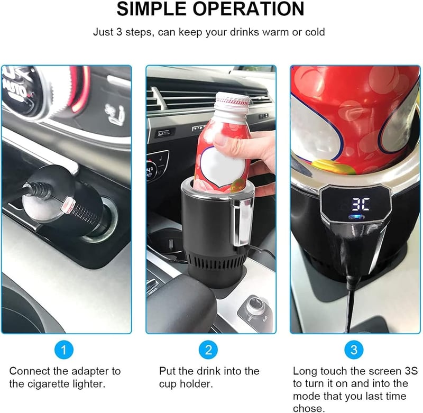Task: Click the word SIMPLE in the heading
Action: tap(152, 8)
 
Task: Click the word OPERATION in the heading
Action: tap(249, 8)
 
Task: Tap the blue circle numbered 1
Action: tap(64, 350)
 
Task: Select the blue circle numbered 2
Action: tap(208, 350)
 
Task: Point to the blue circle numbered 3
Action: tap(354, 350)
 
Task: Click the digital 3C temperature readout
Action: tap(360, 205)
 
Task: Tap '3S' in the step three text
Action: tap(411, 371)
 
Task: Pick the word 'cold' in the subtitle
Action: tap(315, 32)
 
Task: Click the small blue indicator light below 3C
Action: tap(356, 217)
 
